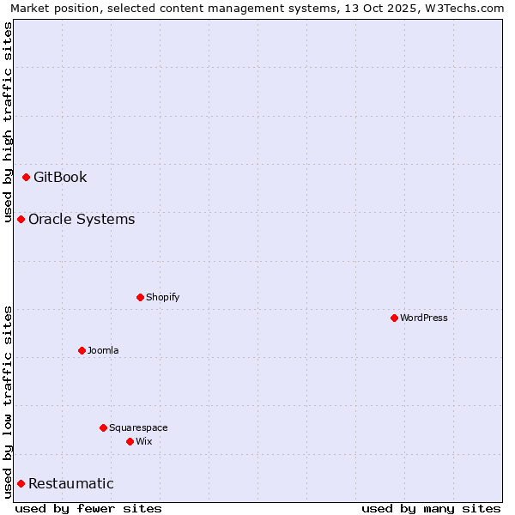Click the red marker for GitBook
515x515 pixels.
pyautogui.click(x=26, y=178)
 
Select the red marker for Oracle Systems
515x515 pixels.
pyautogui.click(x=21, y=220)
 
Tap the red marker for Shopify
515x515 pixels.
pyautogui.click(x=140, y=298)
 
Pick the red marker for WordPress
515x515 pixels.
pyautogui.click(x=394, y=318)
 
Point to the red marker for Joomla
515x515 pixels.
pyautogui.click(x=82, y=350)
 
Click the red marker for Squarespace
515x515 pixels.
pyautogui.click(x=103, y=427)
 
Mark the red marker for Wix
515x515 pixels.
pyautogui.click(x=130, y=442)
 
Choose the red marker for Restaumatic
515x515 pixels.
pyautogui.click(x=21, y=484)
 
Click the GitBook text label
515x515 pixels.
pyautogui.click(x=60, y=178)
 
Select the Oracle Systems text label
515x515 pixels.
pyautogui.click(x=82, y=220)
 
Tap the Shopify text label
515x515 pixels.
pyautogui.click(x=162, y=298)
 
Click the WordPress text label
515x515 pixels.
pyautogui.click(x=424, y=318)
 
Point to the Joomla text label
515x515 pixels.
pyautogui.click(x=103, y=350)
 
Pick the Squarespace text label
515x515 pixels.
pyautogui.click(x=138, y=427)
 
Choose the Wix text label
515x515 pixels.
pyautogui.click(x=143, y=442)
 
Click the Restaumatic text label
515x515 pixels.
pyautogui.click(x=70, y=484)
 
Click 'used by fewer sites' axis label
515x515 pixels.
pyautogui.click(x=88, y=508)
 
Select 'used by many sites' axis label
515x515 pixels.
pyautogui.click(x=431, y=508)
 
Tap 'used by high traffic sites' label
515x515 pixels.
pyautogui.click(x=8, y=120)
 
